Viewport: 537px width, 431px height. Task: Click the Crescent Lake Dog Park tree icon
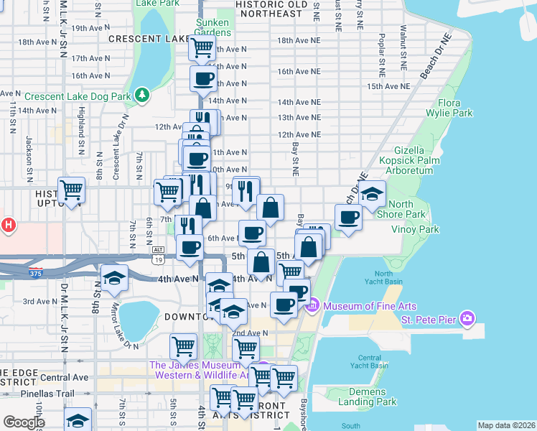point(143,94)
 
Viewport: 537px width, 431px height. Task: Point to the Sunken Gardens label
point(213,27)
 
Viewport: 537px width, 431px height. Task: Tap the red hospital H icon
point(8,226)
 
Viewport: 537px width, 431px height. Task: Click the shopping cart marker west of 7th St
point(72,190)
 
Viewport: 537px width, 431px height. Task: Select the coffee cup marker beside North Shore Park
point(349,217)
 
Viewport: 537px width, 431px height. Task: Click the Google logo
point(23,422)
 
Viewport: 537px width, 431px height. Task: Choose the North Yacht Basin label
point(383,277)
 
